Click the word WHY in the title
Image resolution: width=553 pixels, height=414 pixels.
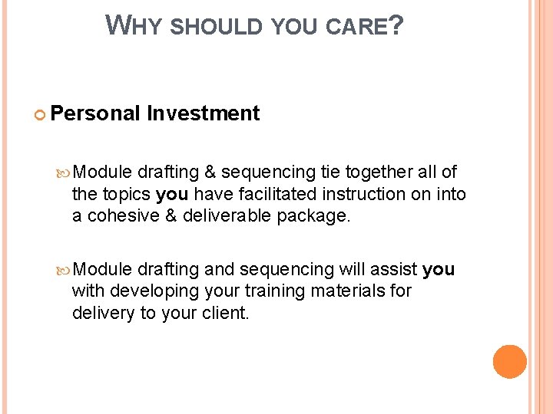click(134, 26)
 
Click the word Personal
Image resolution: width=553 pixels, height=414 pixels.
click(96, 113)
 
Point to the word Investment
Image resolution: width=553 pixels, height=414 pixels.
click(204, 113)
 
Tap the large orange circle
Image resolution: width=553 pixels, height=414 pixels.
click(509, 362)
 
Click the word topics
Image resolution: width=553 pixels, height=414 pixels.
click(126, 195)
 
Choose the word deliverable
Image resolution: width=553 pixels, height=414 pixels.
click(228, 216)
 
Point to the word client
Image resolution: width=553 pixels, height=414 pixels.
click(227, 313)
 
